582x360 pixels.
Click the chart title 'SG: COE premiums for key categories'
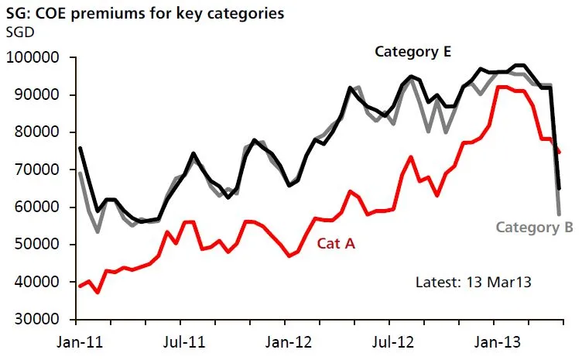pos(134,13)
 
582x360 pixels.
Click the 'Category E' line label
pos(413,52)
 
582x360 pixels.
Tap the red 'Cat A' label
pos(337,243)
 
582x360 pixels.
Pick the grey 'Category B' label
pos(534,227)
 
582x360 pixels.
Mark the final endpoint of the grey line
pos(560,214)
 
